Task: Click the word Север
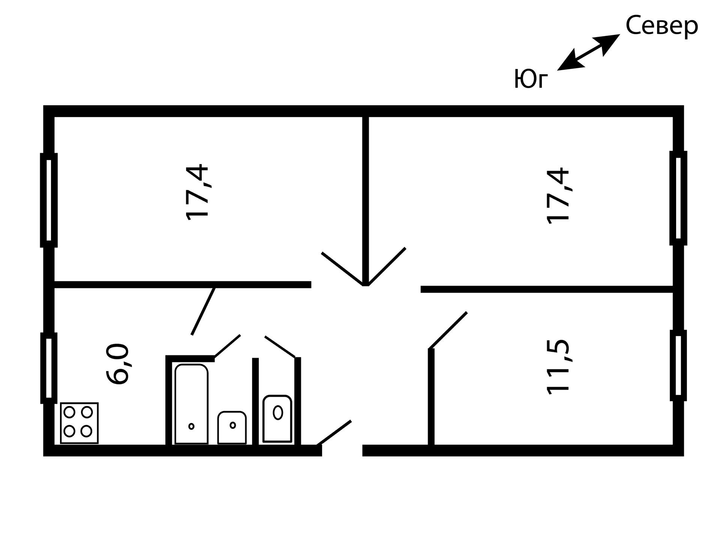click(661, 26)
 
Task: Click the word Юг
click(531, 79)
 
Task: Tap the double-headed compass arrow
click(588, 52)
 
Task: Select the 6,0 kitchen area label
click(118, 363)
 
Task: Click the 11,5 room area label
click(558, 367)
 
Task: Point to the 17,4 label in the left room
click(197, 192)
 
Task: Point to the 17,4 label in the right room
click(558, 196)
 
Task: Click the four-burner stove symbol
click(79, 423)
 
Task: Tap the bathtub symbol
click(191, 404)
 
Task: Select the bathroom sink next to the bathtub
click(232, 427)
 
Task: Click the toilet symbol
click(277, 418)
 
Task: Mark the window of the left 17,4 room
click(49, 200)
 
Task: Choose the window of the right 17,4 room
click(678, 198)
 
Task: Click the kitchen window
click(49, 368)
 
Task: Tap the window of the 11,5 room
click(678, 365)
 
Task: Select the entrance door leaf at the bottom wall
click(334, 433)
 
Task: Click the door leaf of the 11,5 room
click(448, 330)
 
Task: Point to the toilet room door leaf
click(280, 346)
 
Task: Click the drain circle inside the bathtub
click(191, 426)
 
